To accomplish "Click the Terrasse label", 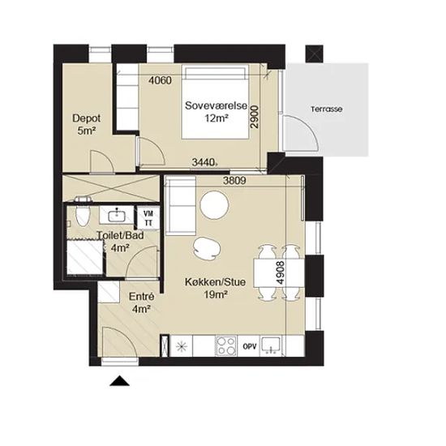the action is (327, 109).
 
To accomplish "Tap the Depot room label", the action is (87, 118).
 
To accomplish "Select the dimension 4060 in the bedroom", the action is (161, 80).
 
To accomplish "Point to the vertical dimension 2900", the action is (255, 117).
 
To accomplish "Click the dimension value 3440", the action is (204, 162).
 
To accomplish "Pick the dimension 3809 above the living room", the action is (234, 181).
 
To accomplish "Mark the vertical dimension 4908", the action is (281, 272).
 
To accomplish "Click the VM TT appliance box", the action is (148, 218).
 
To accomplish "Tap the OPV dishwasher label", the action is (250, 346).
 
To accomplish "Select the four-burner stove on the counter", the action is (226, 346).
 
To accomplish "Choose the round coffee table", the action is (214, 205).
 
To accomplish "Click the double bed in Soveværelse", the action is (216, 102).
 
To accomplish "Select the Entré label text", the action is (141, 297).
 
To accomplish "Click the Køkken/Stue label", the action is (216, 282).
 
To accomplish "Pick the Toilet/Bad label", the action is (120, 235).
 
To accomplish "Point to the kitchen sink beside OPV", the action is (271, 346).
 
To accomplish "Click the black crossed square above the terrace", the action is (315, 54).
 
